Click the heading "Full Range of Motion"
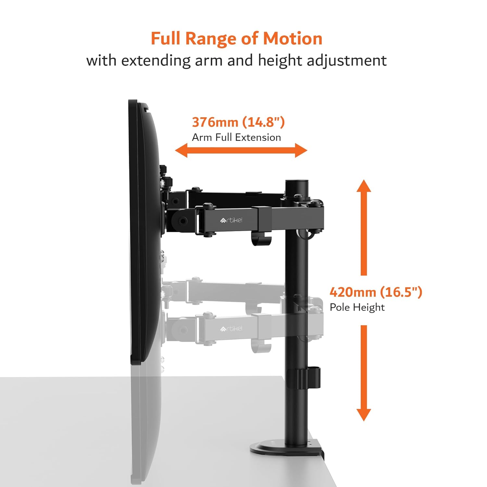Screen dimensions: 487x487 tap(236, 39)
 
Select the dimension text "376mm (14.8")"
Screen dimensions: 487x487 tap(238, 122)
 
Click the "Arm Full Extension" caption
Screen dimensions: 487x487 tap(236, 137)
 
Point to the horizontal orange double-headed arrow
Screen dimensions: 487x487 tap(241, 150)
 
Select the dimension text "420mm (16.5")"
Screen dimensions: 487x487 tap(376, 292)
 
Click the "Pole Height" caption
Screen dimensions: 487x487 tap(357, 307)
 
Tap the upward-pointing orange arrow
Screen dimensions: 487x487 tap(364, 227)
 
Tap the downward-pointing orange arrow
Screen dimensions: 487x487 tap(364, 373)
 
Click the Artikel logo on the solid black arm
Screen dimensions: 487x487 tap(231, 220)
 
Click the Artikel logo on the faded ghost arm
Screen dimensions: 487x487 tap(231, 329)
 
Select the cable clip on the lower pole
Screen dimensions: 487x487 tap(308, 378)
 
